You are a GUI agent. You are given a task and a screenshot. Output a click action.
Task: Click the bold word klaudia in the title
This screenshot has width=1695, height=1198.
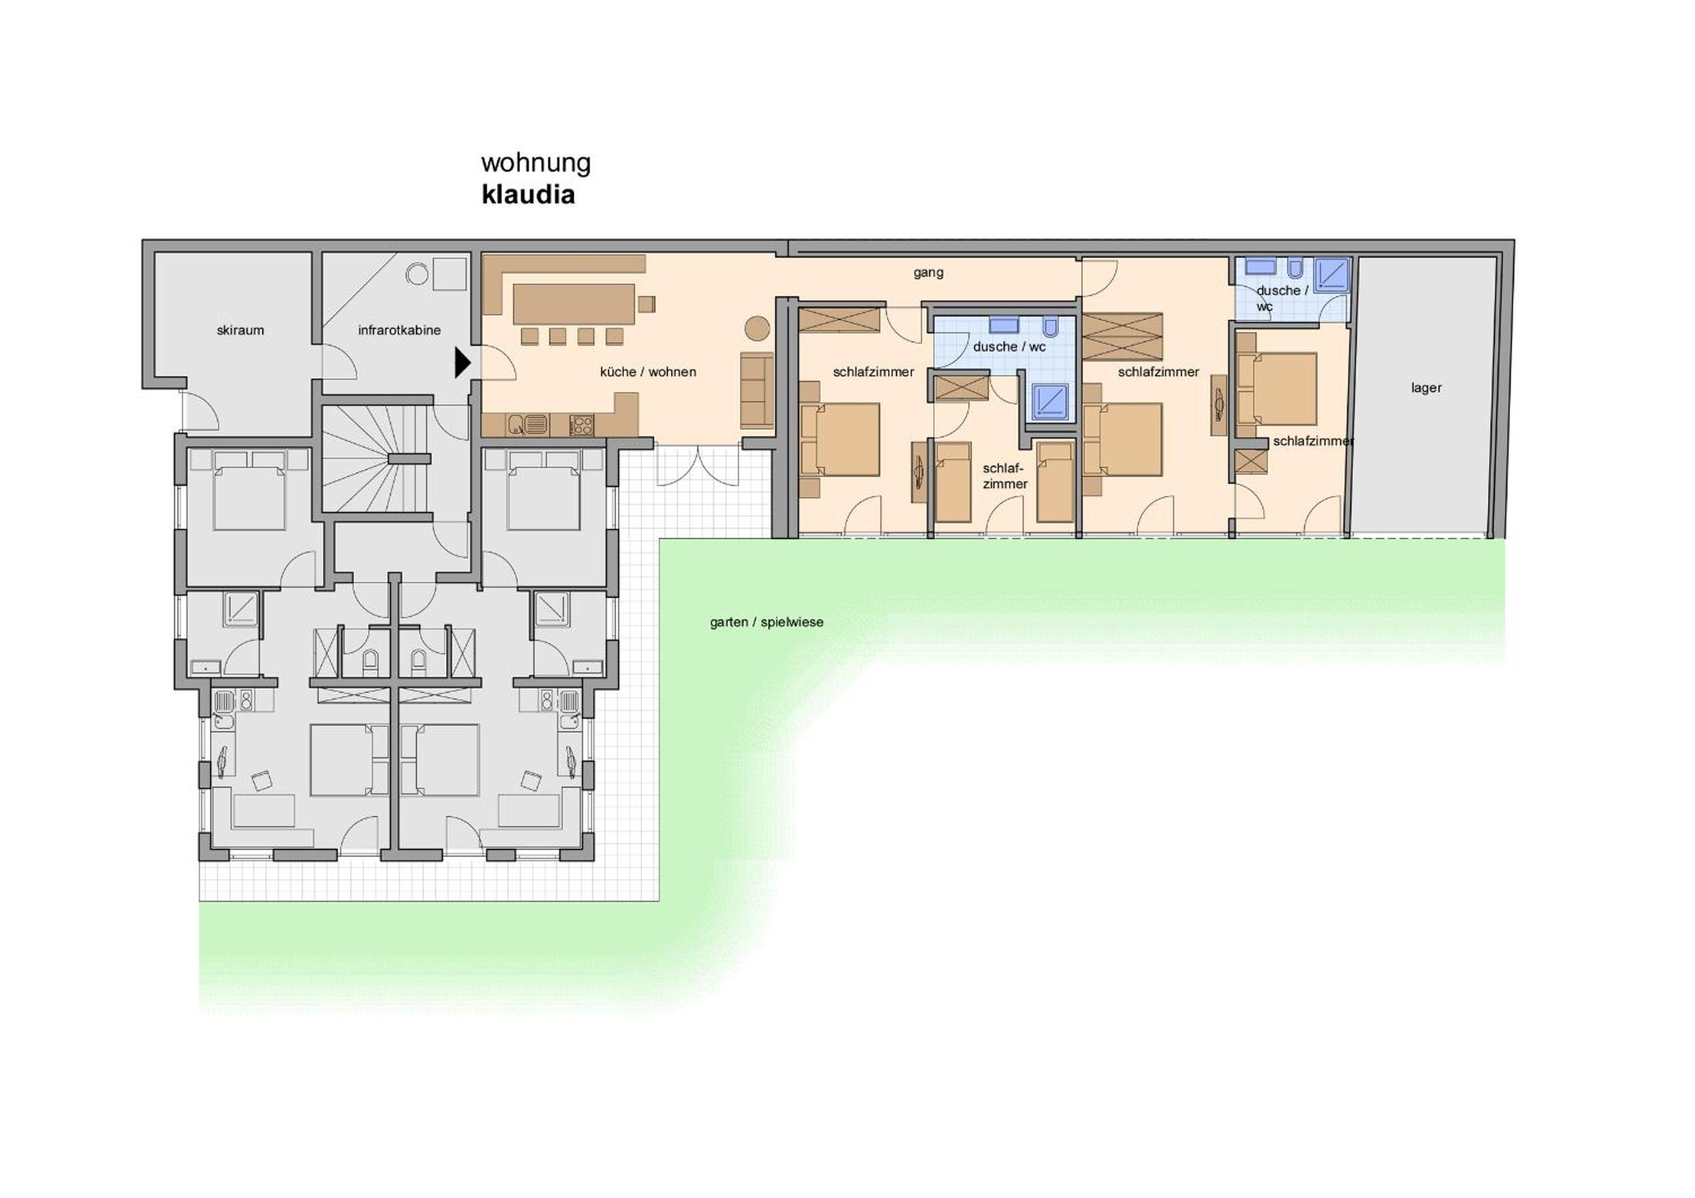click(528, 195)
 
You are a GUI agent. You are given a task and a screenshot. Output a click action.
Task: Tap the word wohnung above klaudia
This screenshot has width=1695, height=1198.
click(536, 163)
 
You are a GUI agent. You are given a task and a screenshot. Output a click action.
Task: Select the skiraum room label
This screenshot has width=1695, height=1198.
click(240, 330)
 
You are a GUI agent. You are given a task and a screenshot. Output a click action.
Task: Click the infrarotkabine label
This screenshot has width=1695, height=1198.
click(400, 330)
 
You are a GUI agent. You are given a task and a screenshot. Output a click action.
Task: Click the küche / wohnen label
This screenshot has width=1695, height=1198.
click(648, 372)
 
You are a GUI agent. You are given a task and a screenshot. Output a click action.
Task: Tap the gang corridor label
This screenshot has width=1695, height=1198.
click(928, 273)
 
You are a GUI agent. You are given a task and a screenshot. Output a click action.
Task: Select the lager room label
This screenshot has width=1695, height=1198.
click(1426, 387)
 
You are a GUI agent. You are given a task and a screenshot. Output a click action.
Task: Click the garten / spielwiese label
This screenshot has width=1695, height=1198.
click(767, 623)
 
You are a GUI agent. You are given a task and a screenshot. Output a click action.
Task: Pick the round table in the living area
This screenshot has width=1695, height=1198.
click(757, 328)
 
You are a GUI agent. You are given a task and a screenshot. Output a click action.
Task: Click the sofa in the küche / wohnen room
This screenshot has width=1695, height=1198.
click(757, 390)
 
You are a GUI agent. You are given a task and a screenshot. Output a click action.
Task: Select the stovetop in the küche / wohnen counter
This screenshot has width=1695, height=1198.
click(581, 424)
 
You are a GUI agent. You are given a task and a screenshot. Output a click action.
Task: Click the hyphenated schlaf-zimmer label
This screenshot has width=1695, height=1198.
click(1004, 476)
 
